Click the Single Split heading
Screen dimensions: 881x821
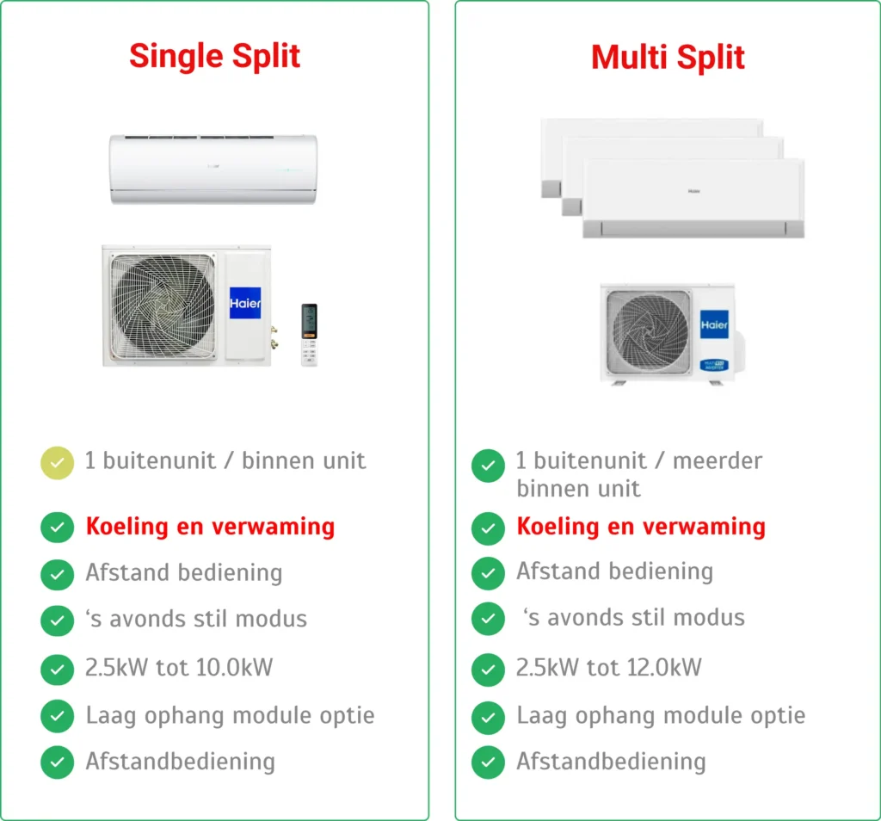(x=214, y=56)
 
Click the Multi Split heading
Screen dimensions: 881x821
(x=668, y=58)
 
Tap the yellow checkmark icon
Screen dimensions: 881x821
(x=58, y=463)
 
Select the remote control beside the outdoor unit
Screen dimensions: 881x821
(x=309, y=335)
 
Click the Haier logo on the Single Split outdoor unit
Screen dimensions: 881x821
(x=245, y=303)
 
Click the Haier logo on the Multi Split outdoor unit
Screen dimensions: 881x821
(x=714, y=324)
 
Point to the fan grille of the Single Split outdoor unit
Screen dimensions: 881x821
(x=163, y=306)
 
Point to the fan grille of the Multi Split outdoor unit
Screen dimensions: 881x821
(x=650, y=332)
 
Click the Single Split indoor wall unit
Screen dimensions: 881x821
(x=213, y=170)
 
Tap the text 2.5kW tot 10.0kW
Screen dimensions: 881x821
(x=179, y=668)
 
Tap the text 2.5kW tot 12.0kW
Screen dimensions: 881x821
(x=608, y=668)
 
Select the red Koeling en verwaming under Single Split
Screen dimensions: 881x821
(x=210, y=527)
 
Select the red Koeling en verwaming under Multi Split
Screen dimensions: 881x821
(x=641, y=527)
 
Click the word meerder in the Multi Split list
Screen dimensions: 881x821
(x=718, y=460)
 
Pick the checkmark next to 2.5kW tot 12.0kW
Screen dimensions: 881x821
(x=489, y=670)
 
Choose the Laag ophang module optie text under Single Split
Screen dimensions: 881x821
(x=230, y=716)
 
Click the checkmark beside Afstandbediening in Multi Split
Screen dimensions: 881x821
(x=489, y=762)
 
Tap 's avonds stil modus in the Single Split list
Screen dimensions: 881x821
(x=196, y=619)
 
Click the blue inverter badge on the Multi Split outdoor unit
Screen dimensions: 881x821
(x=714, y=365)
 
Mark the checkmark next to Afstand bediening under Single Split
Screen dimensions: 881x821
(x=58, y=575)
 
